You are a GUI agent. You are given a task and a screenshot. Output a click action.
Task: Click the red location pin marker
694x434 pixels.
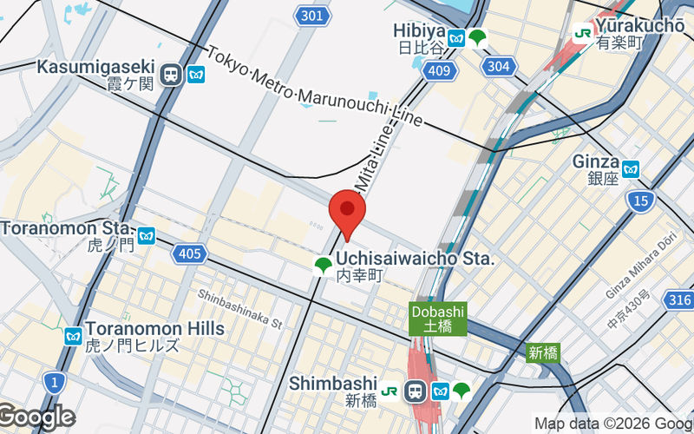[x=348, y=211]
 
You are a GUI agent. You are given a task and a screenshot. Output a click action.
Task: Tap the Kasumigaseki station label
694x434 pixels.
[x=95, y=68]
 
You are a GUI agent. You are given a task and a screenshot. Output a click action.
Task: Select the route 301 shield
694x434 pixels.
[x=312, y=16]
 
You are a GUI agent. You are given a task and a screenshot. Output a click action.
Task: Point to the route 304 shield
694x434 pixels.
[x=498, y=67]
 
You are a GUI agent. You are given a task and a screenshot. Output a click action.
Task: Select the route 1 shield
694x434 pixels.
[x=55, y=381]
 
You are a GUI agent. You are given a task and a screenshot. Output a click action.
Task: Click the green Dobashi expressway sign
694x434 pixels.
[x=438, y=319]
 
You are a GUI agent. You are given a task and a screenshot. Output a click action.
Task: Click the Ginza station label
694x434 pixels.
[x=595, y=162]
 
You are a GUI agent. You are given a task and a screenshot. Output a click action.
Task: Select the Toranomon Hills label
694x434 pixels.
[x=154, y=329]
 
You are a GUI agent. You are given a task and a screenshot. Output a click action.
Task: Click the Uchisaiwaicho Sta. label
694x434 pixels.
[x=415, y=259]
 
